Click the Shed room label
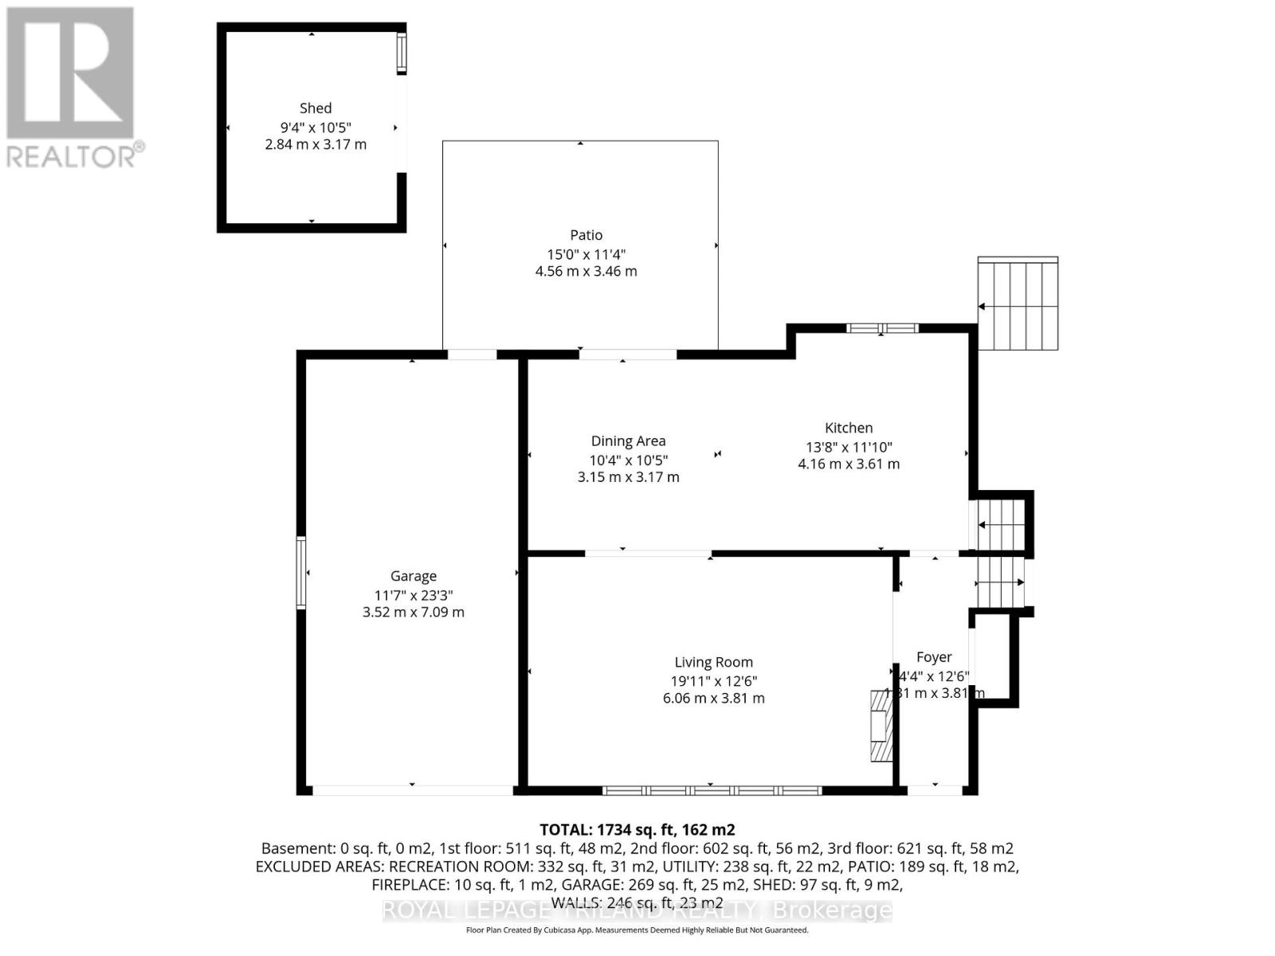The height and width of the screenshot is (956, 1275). [x=316, y=108]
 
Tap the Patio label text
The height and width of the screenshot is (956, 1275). [x=586, y=235]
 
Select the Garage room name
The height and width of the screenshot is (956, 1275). [x=413, y=576]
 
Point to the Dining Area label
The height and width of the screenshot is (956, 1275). [x=628, y=441]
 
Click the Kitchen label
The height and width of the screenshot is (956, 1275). [x=849, y=429]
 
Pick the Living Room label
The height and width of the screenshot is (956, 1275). [x=713, y=662]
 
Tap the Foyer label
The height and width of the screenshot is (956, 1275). [x=934, y=657]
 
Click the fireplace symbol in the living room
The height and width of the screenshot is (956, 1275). [x=881, y=725]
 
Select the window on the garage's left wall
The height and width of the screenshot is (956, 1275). [x=301, y=573]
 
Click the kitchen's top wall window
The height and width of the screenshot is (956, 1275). [x=882, y=328]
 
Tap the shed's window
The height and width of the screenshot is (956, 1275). [x=402, y=53]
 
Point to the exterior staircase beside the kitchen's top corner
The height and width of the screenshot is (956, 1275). [x=1018, y=304]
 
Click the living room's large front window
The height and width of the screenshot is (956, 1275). [x=712, y=790]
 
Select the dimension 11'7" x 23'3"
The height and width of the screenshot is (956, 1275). [x=413, y=595]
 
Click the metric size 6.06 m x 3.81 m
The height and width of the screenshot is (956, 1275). [x=713, y=699]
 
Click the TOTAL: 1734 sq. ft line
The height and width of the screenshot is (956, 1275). [x=637, y=830]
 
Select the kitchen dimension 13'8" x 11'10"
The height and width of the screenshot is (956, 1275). [x=849, y=448]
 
